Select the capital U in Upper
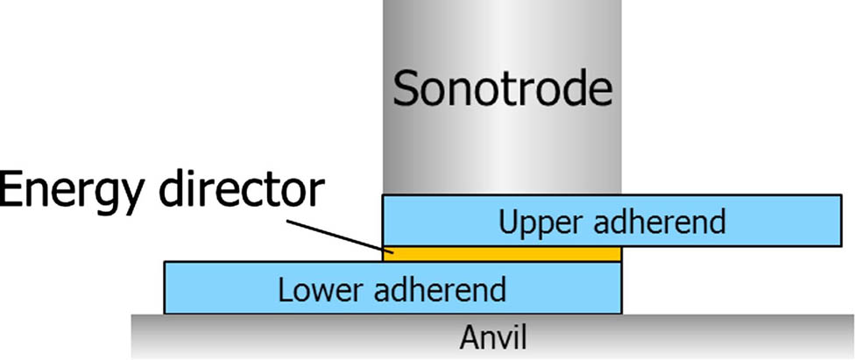click(x=509, y=222)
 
